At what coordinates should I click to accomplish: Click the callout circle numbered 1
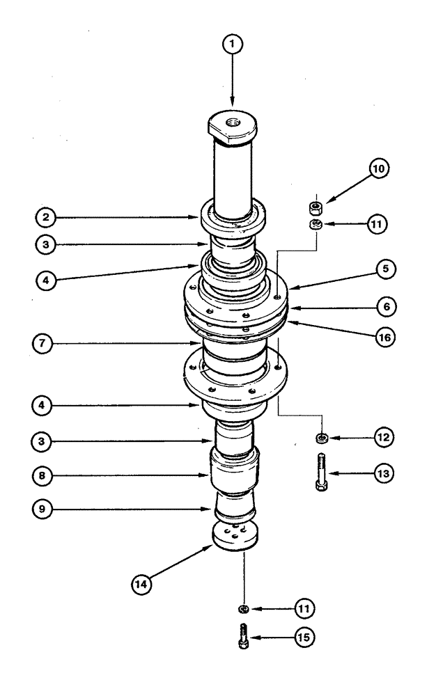[233, 44]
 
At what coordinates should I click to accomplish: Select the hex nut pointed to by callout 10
[315, 207]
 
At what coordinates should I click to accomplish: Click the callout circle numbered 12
[382, 438]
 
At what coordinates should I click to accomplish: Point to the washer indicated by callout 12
[322, 438]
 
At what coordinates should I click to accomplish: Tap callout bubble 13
[382, 473]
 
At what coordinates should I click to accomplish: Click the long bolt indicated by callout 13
[320, 473]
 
